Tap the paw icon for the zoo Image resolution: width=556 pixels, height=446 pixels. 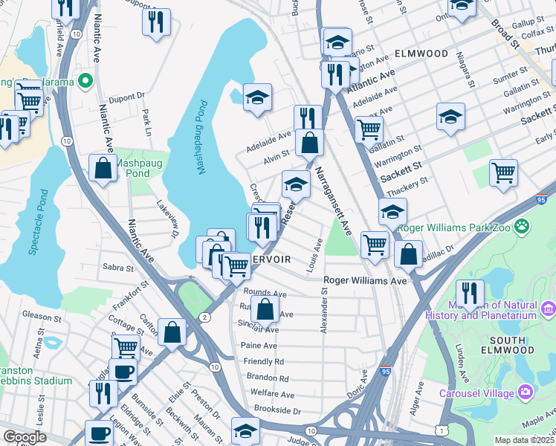coord(525,223)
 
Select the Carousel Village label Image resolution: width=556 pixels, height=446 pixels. coord(476,392)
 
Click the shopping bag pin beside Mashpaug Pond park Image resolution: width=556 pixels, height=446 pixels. coord(103,168)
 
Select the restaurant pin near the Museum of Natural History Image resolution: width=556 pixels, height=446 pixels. coord(469,293)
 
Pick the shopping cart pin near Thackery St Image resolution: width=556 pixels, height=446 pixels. coord(503,172)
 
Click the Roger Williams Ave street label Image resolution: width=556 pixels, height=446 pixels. coord(365,281)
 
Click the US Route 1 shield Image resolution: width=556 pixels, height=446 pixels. coord(442,431)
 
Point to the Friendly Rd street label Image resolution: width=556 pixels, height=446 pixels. coord(263,361)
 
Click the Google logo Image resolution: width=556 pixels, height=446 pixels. coord(25,437)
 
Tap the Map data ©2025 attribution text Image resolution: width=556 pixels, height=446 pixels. coord(524,440)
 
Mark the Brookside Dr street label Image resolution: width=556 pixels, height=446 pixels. coord(277,410)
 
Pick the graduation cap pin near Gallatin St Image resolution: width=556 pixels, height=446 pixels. coord(450,117)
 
